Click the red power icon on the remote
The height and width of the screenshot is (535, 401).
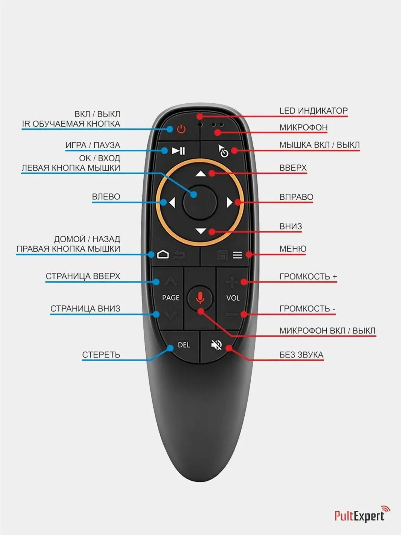pyautogui.click(x=181, y=129)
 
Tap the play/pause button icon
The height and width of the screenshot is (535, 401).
pyautogui.click(x=178, y=151)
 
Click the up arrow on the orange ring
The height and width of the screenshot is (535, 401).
pyautogui.click(x=200, y=174)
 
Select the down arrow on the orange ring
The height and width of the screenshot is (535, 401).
pyautogui.click(x=200, y=231)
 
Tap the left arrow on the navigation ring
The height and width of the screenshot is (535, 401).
pyautogui.click(x=172, y=203)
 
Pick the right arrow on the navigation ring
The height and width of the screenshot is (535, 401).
pyautogui.click(x=229, y=202)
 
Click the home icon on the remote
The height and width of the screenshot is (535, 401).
pyautogui.click(x=163, y=254)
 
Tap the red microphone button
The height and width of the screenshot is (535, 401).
pyautogui.click(x=200, y=298)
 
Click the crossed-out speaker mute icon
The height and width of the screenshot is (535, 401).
pyautogui.click(x=216, y=345)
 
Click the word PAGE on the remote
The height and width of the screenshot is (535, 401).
pyautogui.click(x=170, y=298)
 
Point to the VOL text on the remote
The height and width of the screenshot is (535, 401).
pyautogui.click(x=233, y=298)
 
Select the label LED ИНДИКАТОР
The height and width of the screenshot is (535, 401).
pyautogui.click(x=313, y=111)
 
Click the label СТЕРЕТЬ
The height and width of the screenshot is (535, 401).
pyautogui.click(x=101, y=355)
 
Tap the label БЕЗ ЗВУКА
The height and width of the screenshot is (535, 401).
pyautogui.click(x=301, y=355)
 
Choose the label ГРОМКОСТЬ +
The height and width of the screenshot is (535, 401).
pyautogui.click(x=308, y=276)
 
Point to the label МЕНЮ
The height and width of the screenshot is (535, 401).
pyautogui.click(x=293, y=249)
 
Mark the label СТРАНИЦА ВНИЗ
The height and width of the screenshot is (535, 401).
pyautogui.click(x=85, y=309)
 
